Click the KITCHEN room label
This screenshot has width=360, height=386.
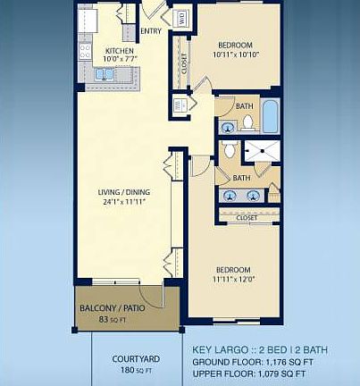[x=120, y=51]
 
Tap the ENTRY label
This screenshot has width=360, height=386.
[x=151, y=30]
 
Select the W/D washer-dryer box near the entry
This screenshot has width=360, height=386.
[x=181, y=17]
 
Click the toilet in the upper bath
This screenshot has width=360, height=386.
[x=247, y=121]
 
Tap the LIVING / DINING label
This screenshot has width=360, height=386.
[x=122, y=190]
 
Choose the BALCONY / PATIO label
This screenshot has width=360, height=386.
[x=113, y=308]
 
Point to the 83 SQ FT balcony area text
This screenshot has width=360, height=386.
[x=113, y=319]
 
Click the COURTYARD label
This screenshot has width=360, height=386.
[x=136, y=359]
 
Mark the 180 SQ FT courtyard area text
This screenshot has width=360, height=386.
[x=136, y=370]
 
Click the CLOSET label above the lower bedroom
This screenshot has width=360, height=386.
[x=247, y=217]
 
